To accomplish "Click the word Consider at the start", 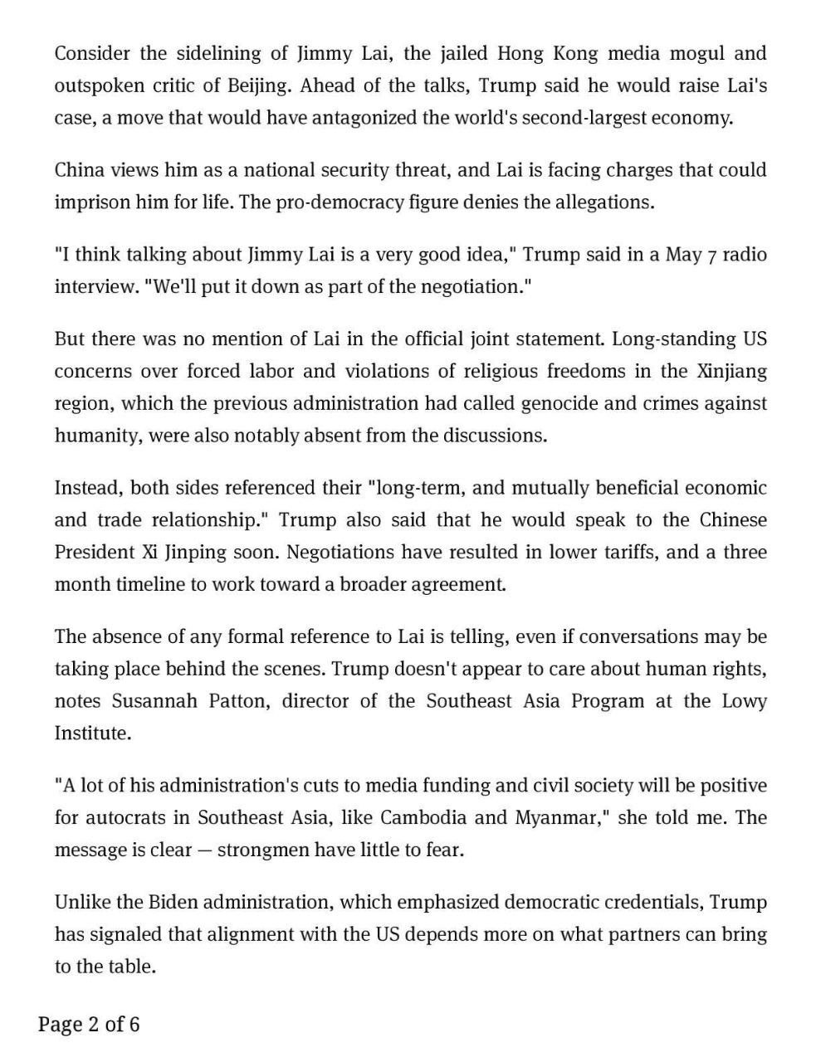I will (91, 54).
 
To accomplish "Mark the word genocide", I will (559, 404).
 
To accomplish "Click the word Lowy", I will (744, 701).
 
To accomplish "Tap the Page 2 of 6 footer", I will (89, 1025).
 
